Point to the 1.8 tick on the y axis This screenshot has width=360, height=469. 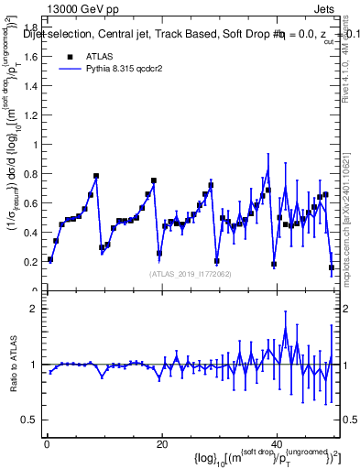(31, 27)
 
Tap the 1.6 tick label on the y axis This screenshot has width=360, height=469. (31, 57)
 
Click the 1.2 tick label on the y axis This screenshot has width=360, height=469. (31, 115)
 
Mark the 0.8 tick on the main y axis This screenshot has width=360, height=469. (31, 174)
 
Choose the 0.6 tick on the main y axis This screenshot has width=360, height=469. (31, 203)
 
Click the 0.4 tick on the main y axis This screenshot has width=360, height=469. (31, 233)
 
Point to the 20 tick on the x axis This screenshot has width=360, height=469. (161, 444)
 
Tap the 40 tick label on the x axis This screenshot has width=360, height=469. (276, 444)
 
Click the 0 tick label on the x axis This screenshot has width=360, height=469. (47, 444)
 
